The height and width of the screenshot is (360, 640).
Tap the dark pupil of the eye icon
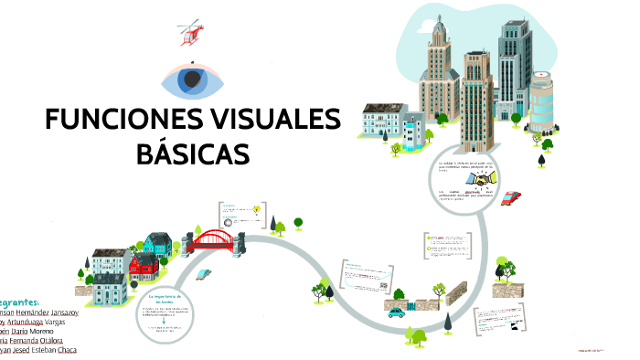click(192, 80)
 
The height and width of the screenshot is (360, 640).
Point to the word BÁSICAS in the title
click(192, 153)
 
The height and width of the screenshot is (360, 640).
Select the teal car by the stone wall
click(396, 312)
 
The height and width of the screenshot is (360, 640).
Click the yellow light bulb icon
click(256, 209)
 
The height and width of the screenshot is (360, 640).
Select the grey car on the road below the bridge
click(203, 272)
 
